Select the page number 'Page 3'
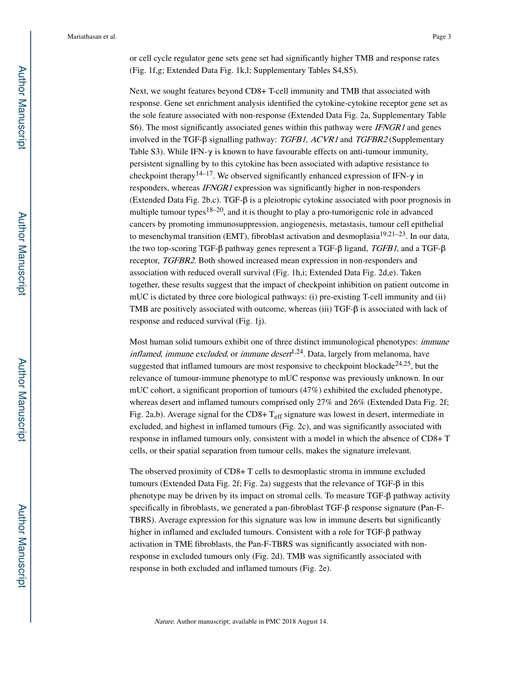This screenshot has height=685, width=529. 441,37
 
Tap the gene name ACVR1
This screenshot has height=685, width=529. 324,140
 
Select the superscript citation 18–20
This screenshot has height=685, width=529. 214,210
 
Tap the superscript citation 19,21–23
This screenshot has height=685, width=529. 393,234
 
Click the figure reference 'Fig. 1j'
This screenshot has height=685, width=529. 252,321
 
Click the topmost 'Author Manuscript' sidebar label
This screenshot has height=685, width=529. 22,107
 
